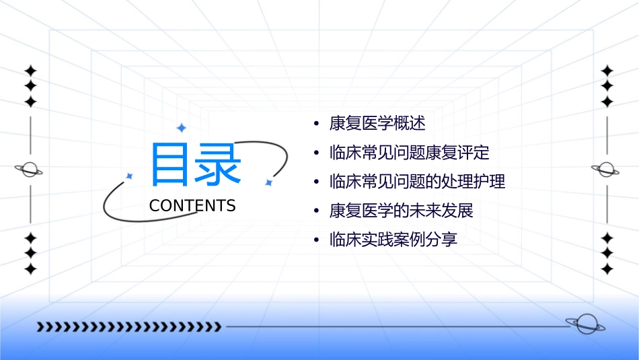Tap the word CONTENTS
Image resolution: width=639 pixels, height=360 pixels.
(192, 206)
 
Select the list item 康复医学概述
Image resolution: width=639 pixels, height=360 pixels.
(377, 123)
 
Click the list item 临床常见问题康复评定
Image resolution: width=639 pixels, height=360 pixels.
(409, 152)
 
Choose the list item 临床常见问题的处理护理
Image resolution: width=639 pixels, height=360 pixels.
(417, 181)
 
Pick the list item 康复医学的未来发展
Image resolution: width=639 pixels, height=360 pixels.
(402, 211)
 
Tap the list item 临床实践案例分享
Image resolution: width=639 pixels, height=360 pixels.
(393, 240)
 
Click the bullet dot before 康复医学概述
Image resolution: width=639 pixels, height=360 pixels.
(317, 124)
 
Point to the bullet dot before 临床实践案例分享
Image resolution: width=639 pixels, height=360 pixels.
(317, 240)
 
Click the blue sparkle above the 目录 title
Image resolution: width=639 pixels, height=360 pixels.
(181, 128)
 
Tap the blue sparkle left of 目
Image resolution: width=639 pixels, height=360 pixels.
(130, 176)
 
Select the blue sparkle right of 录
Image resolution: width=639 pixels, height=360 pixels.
(268, 182)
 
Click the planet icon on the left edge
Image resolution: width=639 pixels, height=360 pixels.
(30, 170)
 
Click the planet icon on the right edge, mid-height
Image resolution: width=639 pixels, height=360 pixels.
(606, 170)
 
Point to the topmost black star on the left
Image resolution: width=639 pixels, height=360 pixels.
(30, 70)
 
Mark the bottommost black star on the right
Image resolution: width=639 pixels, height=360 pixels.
(607, 269)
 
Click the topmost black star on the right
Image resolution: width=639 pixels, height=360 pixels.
(607, 70)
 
